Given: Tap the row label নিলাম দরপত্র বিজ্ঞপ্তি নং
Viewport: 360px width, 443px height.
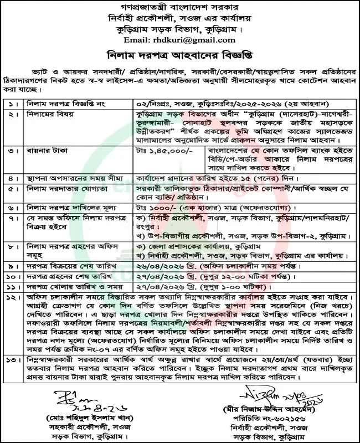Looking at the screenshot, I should tap(62, 103).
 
